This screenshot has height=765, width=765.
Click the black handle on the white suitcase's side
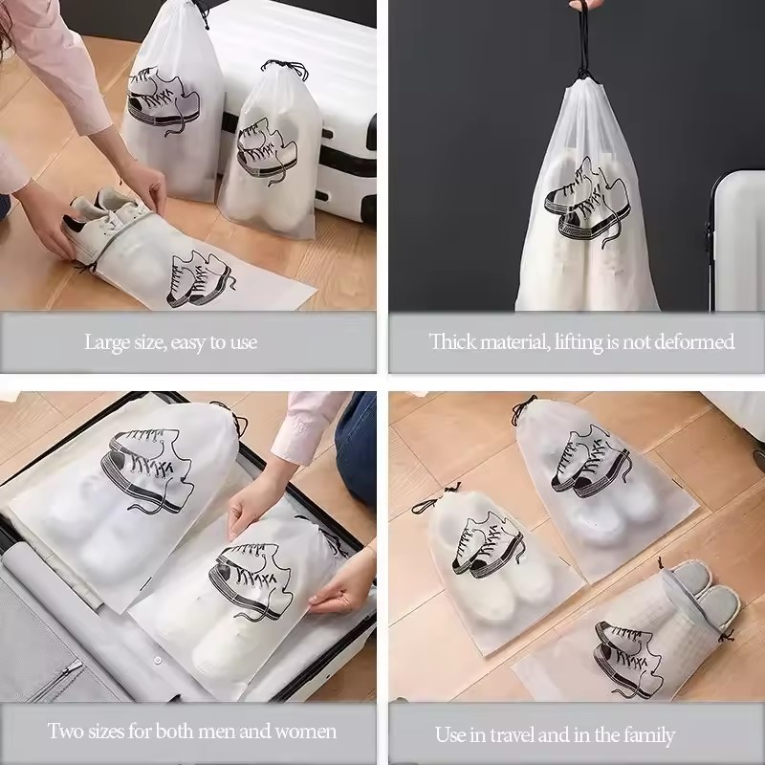[x=371, y=132]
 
